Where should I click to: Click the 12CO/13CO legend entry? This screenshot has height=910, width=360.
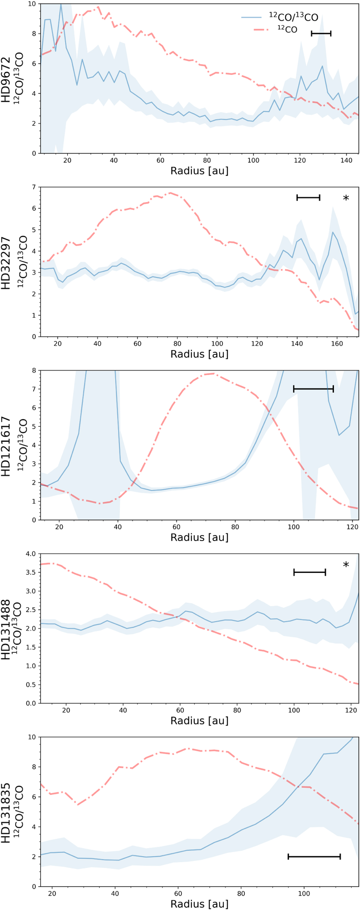(x=293, y=17)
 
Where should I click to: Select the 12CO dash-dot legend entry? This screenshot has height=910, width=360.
(x=287, y=29)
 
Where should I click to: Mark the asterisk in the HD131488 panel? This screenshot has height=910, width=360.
(x=346, y=565)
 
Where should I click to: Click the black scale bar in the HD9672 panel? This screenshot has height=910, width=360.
(x=321, y=34)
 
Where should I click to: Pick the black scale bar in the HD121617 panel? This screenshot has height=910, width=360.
(x=313, y=389)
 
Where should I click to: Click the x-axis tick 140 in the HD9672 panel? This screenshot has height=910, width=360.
(x=346, y=160)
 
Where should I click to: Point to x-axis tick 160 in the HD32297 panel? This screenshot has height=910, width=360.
(x=337, y=344)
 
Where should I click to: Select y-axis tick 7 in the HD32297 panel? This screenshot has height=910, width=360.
(x=34, y=187)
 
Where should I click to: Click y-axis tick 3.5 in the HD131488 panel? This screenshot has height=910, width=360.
(x=31, y=572)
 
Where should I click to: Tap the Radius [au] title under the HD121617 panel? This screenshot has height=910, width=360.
(x=199, y=537)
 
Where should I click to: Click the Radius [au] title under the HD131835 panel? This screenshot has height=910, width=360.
(x=199, y=904)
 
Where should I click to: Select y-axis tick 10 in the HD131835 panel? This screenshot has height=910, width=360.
(x=32, y=737)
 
